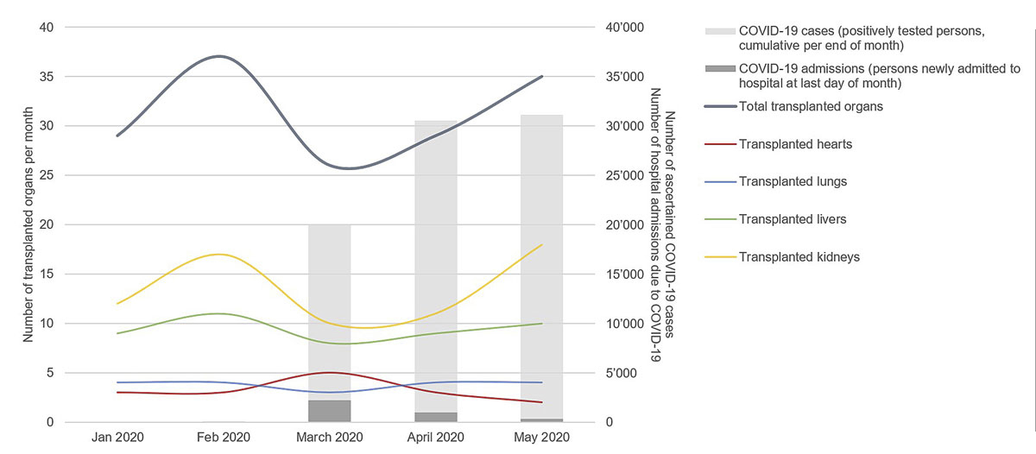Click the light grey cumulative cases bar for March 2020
pyautogui.click(x=329, y=311)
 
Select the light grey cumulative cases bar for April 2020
pyautogui.click(x=435, y=259)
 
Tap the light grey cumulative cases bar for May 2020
pyautogui.click(x=541, y=259)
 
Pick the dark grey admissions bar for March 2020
pyautogui.click(x=329, y=412)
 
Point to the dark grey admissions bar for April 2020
pyautogui.click(x=435, y=418)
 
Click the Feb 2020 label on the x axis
pyautogui.click(x=223, y=438)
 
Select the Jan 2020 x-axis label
pyautogui.click(x=117, y=438)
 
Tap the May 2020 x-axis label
pyautogui.click(x=541, y=438)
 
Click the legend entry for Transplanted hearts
pyautogui.click(x=795, y=144)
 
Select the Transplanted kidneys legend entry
pyautogui.click(x=799, y=256)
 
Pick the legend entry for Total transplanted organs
pyautogui.click(x=811, y=107)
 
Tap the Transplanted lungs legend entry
pyautogui.click(x=793, y=181)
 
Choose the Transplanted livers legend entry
pyautogui.click(x=793, y=219)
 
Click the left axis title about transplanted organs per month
pyautogui.click(x=28, y=224)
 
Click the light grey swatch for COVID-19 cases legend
pyautogui.click(x=720, y=32)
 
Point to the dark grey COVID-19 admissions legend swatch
pyautogui.click(x=720, y=69)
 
